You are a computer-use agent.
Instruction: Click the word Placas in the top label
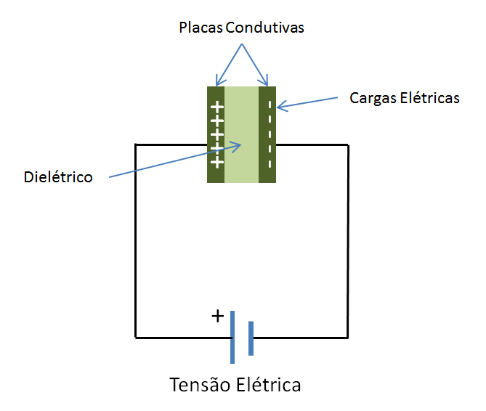click(201, 28)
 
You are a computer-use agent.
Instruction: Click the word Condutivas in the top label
click(264, 28)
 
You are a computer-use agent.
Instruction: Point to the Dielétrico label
click(58, 176)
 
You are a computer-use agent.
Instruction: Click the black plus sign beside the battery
click(217, 317)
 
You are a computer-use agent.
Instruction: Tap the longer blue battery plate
click(232, 337)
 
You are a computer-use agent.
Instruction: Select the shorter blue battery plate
click(251, 338)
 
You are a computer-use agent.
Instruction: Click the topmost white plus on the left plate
click(216, 108)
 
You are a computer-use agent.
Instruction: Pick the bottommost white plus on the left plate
click(216, 161)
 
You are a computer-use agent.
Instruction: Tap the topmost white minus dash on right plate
click(270, 105)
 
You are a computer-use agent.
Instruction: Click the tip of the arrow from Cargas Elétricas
click(278, 109)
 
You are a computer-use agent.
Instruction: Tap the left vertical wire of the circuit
click(136, 240)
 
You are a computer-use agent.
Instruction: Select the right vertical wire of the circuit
click(348, 240)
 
